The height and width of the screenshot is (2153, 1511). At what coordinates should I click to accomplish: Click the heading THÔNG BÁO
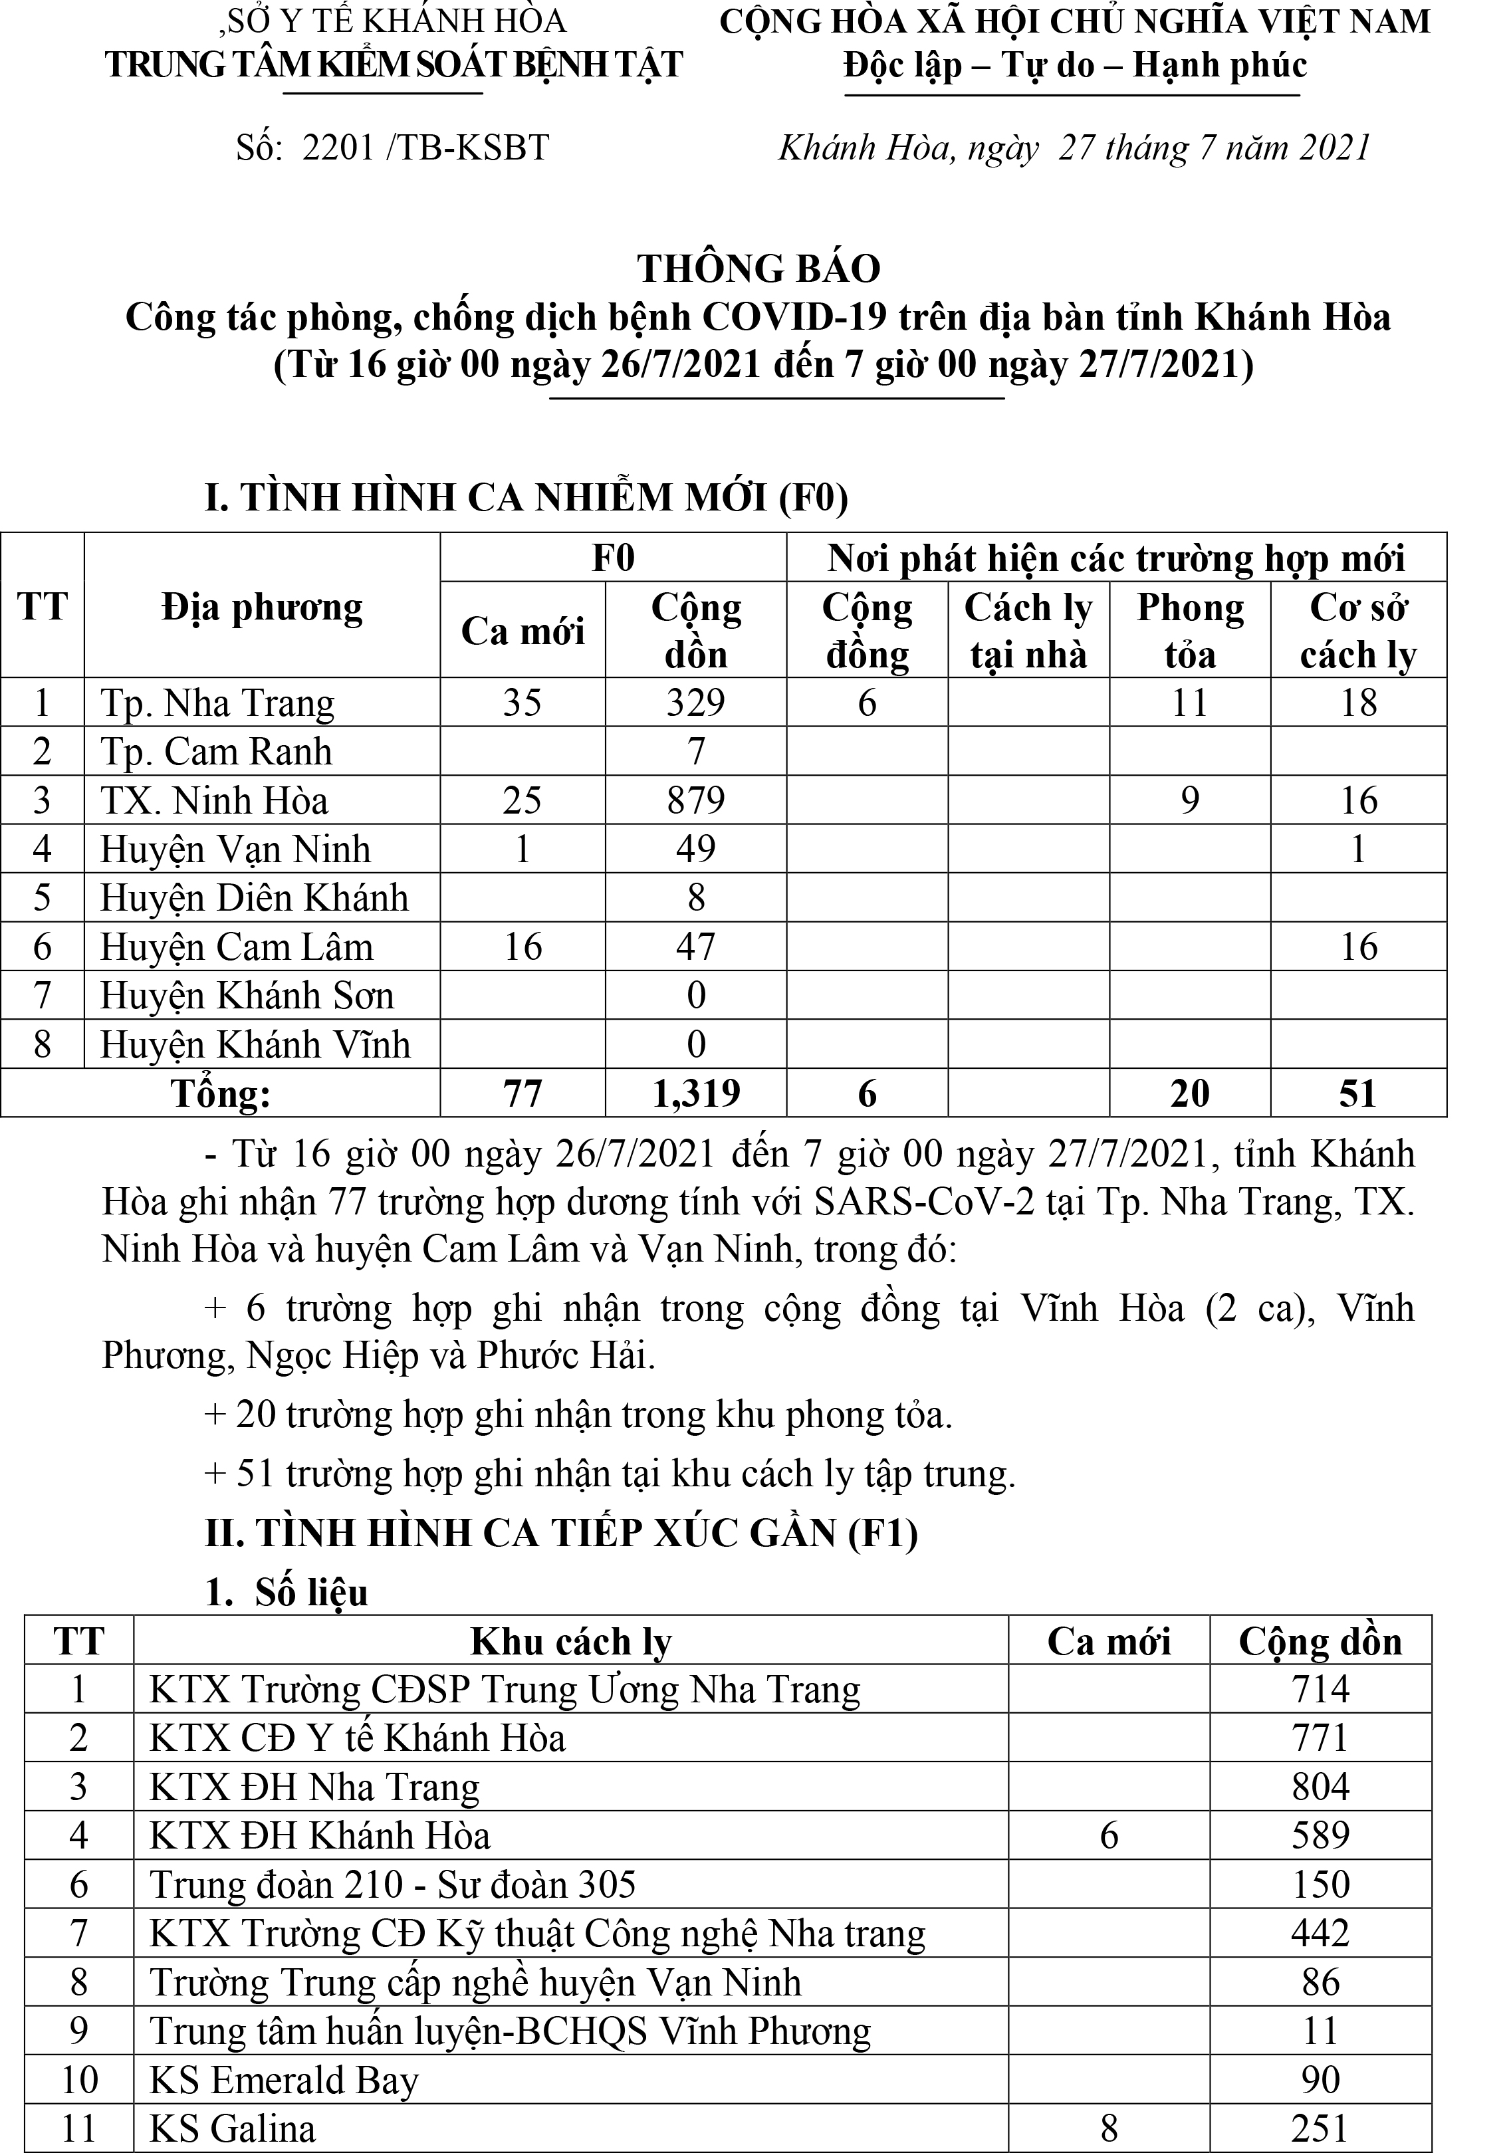(x=758, y=269)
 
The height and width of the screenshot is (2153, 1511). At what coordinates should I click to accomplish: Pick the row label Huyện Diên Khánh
(x=254, y=898)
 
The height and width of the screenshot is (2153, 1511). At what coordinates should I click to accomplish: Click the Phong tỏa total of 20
(x=1189, y=1093)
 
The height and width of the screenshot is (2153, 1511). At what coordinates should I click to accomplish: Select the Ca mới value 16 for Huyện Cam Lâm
(x=523, y=947)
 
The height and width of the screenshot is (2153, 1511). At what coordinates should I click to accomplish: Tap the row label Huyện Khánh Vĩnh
(x=255, y=1045)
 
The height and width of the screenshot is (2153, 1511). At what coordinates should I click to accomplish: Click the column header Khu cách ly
(x=570, y=1641)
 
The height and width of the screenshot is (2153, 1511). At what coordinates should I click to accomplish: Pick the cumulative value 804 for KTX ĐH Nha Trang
(x=1320, y=1787)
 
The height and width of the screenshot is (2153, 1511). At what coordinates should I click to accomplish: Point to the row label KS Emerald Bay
(x=283, y=2080)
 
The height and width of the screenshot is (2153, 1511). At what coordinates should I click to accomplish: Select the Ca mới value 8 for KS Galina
(x=1109, y=2128)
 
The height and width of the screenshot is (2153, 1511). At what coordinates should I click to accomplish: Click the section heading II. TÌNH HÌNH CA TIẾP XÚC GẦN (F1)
(x=561, y=1533)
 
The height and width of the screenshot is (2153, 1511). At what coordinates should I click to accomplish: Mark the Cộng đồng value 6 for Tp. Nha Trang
(x=867, y=703)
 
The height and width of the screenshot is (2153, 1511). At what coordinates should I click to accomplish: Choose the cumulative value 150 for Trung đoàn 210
(x=1320, y=1885)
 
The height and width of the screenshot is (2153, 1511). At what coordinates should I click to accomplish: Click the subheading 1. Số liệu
(x=287, y=1592)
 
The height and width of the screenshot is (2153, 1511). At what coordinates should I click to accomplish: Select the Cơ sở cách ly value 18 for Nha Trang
(x=1358, y=703)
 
